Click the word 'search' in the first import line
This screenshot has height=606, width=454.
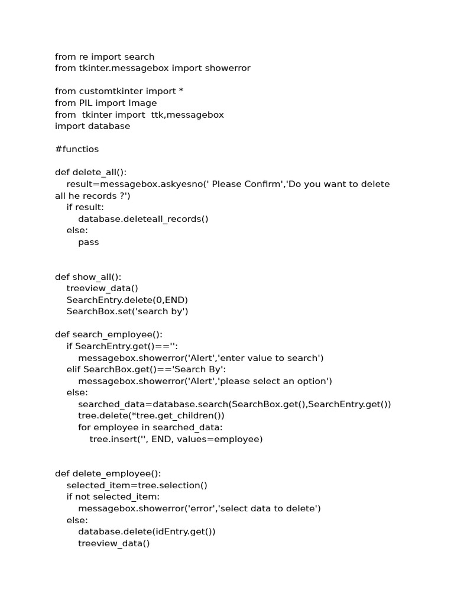point(140,57)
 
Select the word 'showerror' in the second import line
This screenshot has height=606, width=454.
point(228,68)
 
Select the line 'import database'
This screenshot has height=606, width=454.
point(92,126)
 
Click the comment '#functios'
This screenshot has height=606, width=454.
point(77,149)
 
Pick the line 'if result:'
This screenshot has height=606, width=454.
point(85,207)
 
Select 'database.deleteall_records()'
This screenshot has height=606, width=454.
point(143,219)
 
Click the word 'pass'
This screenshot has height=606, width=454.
point(89,242)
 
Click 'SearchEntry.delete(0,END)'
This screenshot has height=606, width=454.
point(127,300)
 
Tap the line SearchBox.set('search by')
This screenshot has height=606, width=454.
point(127,311)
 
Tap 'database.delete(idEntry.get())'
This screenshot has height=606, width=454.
point(147,531)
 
